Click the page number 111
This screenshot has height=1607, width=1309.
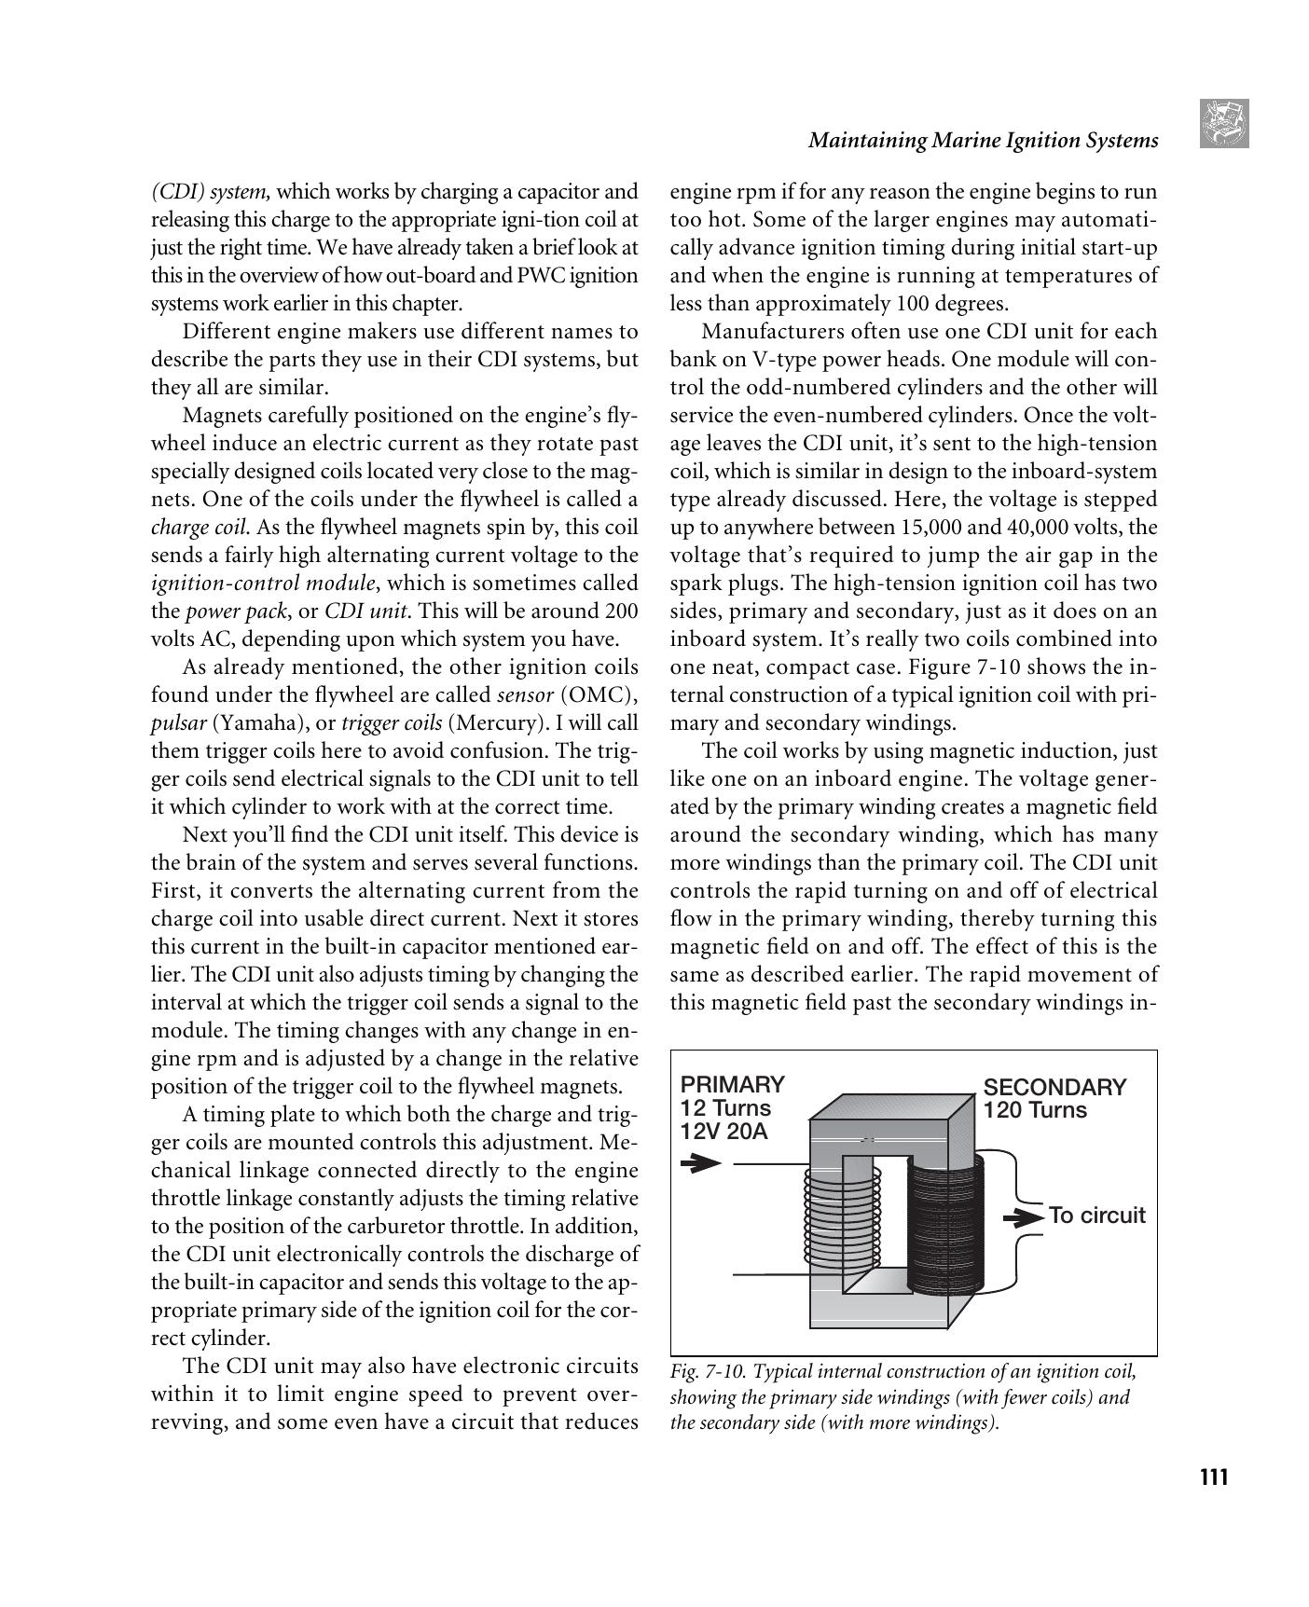tap(1213, 1477)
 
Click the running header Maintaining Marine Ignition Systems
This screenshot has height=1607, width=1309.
tap(983, 141)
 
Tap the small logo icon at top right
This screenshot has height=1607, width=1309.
tap(1224, 123)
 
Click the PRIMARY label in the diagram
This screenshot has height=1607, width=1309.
tap(732, 1084)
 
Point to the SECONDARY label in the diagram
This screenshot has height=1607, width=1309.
tap(1054, 1087)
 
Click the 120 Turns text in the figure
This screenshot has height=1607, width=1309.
tap(1035, 1110)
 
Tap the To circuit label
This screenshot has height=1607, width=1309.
tap(1096, 1216)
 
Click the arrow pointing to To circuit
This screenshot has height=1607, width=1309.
tap(1023, 1217)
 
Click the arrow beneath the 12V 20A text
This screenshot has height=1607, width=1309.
tap(700, 1162)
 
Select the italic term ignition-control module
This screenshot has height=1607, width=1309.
tap(264, 584)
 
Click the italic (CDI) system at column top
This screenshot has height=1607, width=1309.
tap(211, 192)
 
